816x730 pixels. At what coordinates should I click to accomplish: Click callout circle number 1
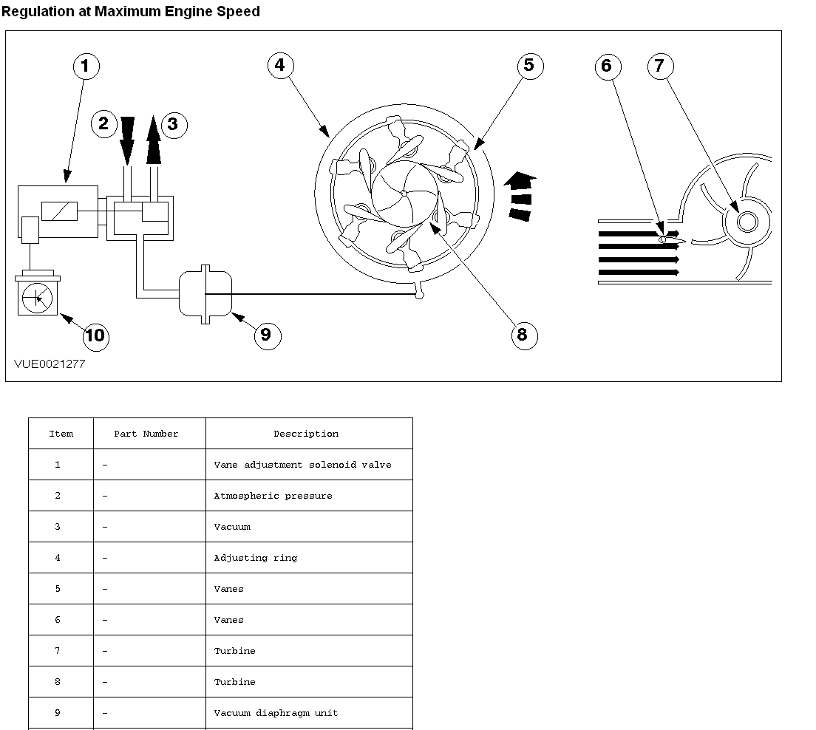(x=85, y=66)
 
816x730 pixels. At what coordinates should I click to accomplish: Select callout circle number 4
(x=279, y=65)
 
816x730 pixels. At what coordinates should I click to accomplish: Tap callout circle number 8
(x=523, y=335)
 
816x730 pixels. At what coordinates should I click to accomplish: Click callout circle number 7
(x=659, y=66)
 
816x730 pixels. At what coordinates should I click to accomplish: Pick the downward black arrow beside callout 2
(x=127, y=140)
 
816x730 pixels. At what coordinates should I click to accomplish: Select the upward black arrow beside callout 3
(x=153, y=140)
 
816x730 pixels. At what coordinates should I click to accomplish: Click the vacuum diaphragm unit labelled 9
(x=205, y=295)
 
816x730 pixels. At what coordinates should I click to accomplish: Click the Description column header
(x=306, y=434)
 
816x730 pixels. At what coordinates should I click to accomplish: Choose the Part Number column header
(x=146, y=434)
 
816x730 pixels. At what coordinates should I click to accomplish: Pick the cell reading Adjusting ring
(x=256, y=558)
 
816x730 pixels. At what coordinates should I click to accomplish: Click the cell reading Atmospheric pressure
(x=273, y=496)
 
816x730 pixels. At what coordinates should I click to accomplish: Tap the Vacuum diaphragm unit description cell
(x=276, y=713)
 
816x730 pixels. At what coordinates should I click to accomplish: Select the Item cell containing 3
(x=58, y=527)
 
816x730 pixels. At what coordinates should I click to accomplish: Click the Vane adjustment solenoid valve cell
(x=302, y=465)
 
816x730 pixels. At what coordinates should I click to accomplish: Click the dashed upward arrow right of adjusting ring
(x=522, y=196)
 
